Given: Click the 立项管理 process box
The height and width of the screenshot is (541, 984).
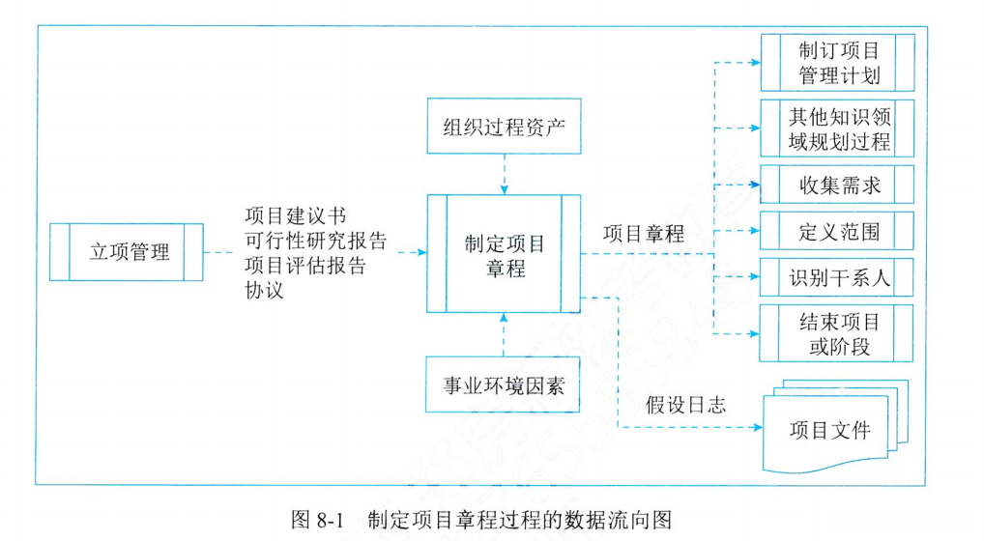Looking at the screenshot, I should pyautogui.click(x=127, y=252).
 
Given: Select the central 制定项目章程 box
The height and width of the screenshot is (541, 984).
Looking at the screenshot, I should pyautogui.click(x=504, y=253).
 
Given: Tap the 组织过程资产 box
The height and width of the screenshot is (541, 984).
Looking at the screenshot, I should pyautogui.click(x=504, y=126).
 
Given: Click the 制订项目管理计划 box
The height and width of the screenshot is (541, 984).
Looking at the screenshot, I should pyautogui.click(x=838, y=63).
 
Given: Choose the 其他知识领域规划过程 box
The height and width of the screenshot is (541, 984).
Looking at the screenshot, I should pyautogui.click(x=838, y=128).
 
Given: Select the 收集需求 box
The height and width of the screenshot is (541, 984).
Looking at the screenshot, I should pyautogui.click(x=838, y=184).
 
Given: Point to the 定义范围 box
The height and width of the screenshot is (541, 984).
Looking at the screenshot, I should pyautogui.click(x=838, y=232).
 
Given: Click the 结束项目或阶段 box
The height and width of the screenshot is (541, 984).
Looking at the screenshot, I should pyautogui.click(x=838, y=333).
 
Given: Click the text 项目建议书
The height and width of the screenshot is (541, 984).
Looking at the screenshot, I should pyautogui.click(x=293, y=215).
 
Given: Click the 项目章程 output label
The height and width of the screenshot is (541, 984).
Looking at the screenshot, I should pyautogui.click(x=643, y=233).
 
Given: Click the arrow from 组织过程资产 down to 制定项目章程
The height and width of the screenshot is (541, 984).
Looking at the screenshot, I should pyautogui.click(x=504, y=174).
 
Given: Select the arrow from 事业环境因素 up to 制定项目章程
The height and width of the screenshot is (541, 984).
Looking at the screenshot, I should pyautogui.click(x=504, y=333).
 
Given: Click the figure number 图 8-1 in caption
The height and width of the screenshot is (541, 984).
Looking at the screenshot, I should pyautogui.click(x=317, y=520).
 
